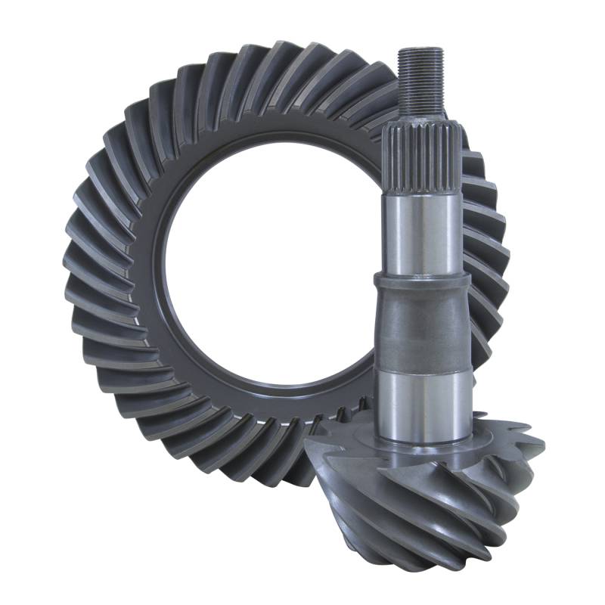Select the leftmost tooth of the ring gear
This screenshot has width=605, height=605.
point(76,280)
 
